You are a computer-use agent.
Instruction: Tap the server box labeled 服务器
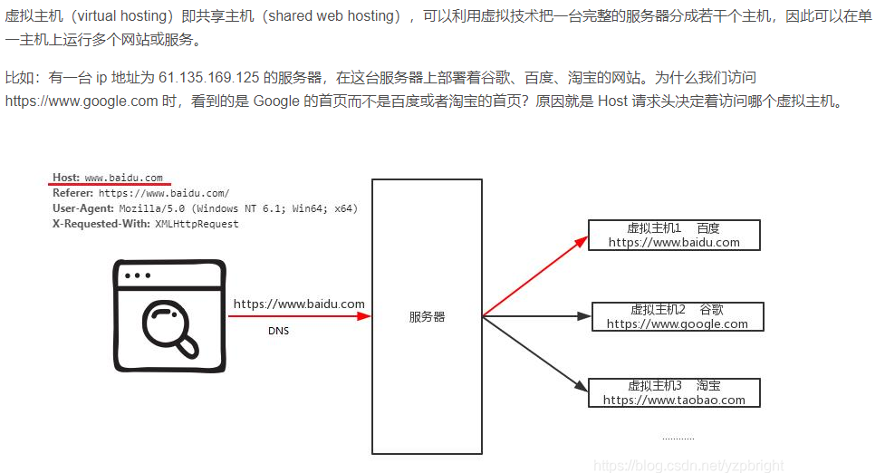pyautogui.click(x=428, y=316)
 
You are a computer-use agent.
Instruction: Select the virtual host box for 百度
pyautogui.click(x=674, y=235)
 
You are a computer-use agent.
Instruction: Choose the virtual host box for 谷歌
pyautogui.click(x=678, y=316)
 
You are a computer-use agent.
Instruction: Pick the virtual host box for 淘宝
pyautogui.click(x=674, y=392)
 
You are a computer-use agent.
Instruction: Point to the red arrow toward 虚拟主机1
pyautogui.click(x=534, y=276)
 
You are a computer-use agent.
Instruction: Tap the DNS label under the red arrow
pyautogui.click(x=278, y=332)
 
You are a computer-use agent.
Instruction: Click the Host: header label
pyautogui.click(x=66, y=178)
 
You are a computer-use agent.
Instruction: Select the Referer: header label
pyautogui.click(x=72, y=193)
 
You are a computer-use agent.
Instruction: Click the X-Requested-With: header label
pyautogui.click(x=101, y=224)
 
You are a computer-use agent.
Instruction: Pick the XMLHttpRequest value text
pyautogui.click(x=197, y=224)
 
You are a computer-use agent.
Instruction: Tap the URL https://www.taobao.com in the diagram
pyautogui.click(x=674, y=400)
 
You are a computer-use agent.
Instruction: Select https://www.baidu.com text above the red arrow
pyautogui.click(x=299, y=304)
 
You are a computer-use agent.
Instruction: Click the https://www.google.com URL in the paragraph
pyautogui.click(x=82, y=101)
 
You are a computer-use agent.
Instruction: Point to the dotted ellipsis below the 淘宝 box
pyautogui.click(x=678, y=438)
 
